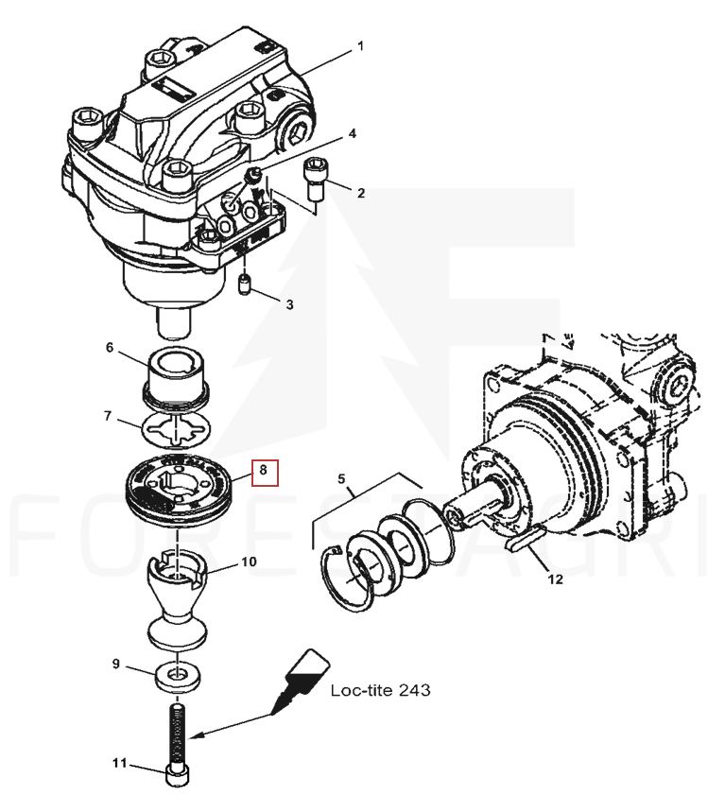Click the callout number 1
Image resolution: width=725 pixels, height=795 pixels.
click(359, 46)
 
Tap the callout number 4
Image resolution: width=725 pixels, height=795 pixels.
click(352, 134)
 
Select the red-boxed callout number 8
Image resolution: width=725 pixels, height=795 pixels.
click(265, 470)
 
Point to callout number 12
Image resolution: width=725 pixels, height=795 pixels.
click(555, 579)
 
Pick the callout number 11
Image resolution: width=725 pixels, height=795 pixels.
click(119, 762)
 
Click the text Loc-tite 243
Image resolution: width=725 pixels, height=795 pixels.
click(380, 690)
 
